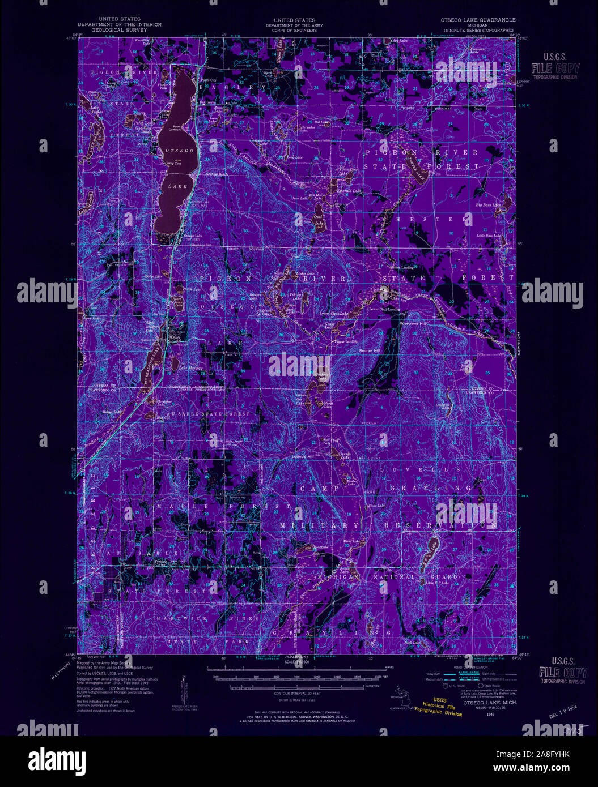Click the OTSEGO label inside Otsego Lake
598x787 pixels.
coord(180,151)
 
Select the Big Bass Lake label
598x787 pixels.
coord(488,204)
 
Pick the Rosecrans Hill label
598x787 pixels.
coord(398,332)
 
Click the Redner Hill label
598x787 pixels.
coord(369,350)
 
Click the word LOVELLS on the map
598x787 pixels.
coord(402,470)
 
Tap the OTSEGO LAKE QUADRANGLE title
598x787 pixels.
coord(478,20)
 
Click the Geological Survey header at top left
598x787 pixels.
coord(119,29)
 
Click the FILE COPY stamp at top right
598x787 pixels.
coord(554,69)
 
